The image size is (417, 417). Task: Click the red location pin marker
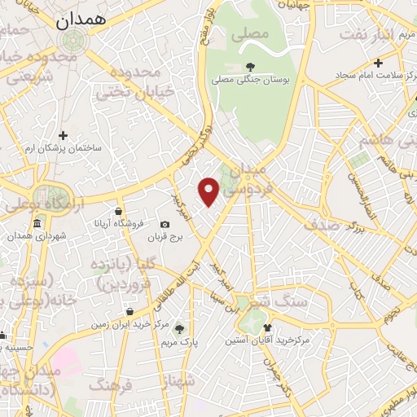[209, 191]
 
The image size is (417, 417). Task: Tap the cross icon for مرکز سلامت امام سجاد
[378, 63]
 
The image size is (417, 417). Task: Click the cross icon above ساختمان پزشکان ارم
[64, 135]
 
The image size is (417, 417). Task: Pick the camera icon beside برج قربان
[165, 224]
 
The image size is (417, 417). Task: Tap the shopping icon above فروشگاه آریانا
[119, 211]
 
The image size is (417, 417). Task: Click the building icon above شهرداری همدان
[37, 224]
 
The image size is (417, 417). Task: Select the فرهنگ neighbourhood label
[113, 384]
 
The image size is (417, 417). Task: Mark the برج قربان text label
[167, 237]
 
